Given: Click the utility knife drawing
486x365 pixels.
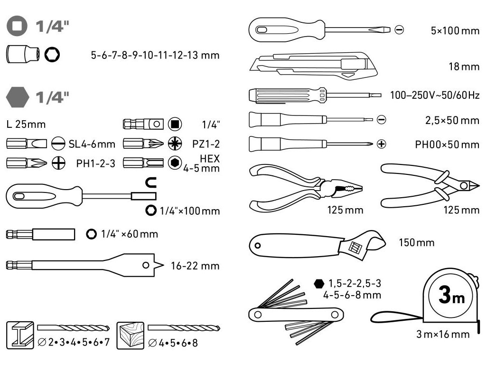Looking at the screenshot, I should pyautogui.click(x=313, y=66).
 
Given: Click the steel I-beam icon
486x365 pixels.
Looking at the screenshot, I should pyautogui.click(x=20, y=334).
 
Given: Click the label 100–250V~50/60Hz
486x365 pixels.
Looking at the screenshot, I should pyautogui.click(x=434, y=95).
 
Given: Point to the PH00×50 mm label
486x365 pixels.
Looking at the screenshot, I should pyautogui.click(x=447, y=144).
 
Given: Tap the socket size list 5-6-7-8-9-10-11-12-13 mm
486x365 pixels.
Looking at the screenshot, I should pyautogui.click(x=155, y=55).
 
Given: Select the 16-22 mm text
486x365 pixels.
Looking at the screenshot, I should pyautogui.click(x=195, y=266).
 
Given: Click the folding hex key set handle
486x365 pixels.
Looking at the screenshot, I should pyautogui.click(x=295, y=314).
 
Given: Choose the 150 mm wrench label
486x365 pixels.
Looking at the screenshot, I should pyautogui.click(x=417, y=243).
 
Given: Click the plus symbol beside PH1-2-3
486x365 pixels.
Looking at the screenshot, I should pyautogui.click(x=58, y=163).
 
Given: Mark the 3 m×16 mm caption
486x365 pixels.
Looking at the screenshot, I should pyautogui.click(x=443, y=334).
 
